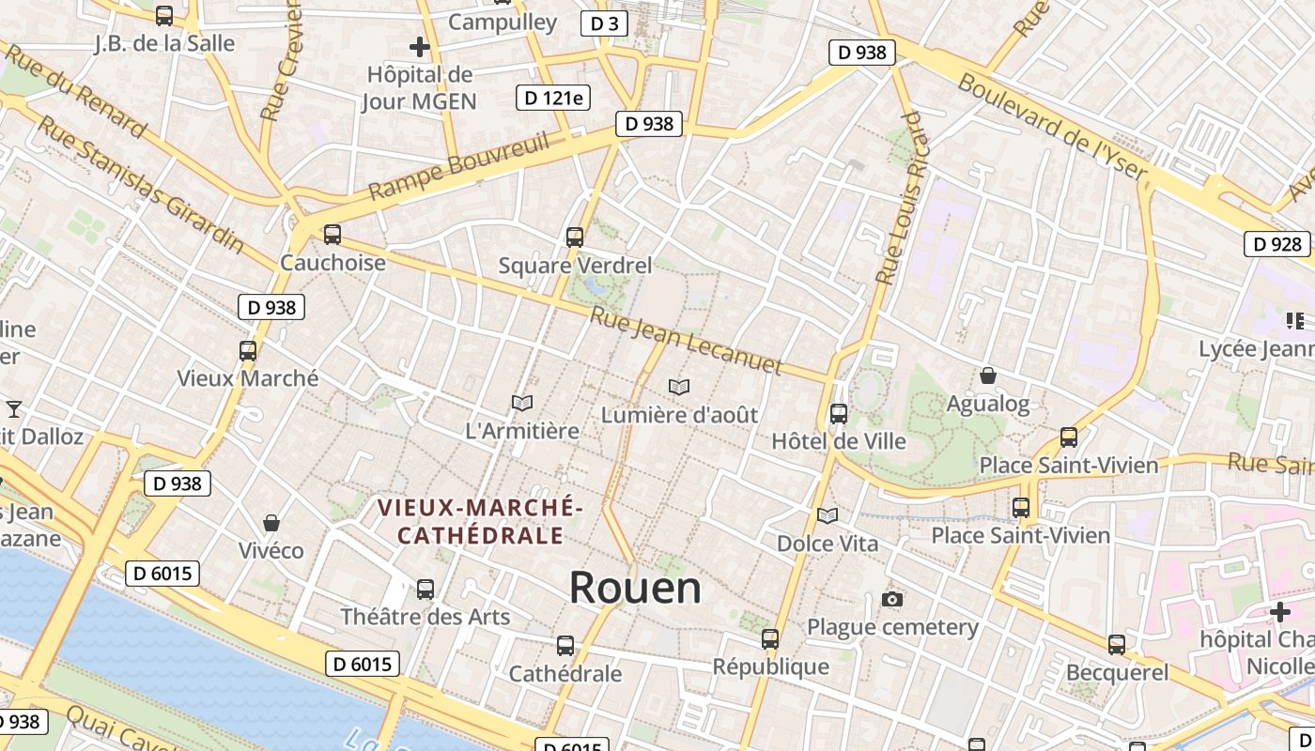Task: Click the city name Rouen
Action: click(635, 588)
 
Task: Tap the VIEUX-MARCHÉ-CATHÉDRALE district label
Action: click(480, 521)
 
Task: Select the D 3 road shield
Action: click(604, 23)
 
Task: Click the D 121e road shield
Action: click(553, 97)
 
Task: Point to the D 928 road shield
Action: click(1277, 244)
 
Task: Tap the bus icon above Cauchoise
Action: click(332, 235)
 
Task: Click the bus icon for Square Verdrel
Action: click(574, 238)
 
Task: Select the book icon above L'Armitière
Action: click(522, 403)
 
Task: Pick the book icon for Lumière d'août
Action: click(679, 386)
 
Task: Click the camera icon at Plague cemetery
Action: click(892, 599)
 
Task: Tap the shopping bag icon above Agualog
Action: click(988, 375)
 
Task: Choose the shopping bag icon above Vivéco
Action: click(271, 522)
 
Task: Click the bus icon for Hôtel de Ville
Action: click(839, 413)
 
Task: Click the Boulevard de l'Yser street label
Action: click(1053, 126)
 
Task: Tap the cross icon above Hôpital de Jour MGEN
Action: click(420, 46)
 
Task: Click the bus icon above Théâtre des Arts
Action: click(425, 589)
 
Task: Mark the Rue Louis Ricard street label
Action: click(900, 197)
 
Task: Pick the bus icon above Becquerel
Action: click(1116, 645)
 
